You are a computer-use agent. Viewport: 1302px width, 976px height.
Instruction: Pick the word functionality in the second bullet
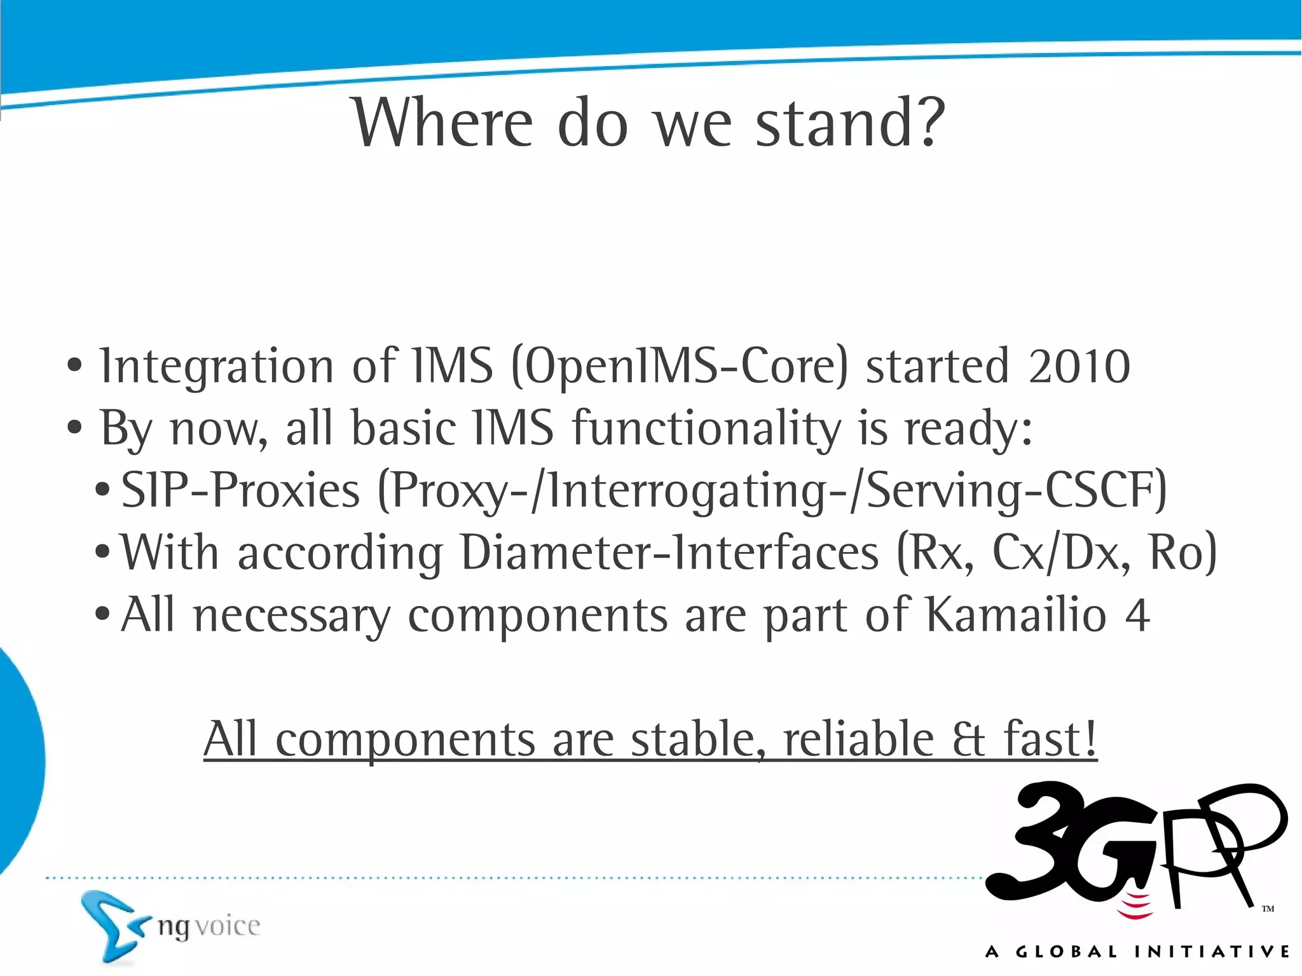[x=706, y=428]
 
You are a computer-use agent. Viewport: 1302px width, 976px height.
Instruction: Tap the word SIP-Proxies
[x=240, y=490]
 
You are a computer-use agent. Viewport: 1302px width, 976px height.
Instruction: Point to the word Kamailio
[x=1017, y=614]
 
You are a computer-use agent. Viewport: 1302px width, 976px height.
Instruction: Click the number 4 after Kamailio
[x=1137, y=615]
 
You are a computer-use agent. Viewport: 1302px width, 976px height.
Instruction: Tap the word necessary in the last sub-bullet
[x=292, y=615]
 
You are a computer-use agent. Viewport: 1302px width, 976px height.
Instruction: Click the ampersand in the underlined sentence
[x=969, y=740]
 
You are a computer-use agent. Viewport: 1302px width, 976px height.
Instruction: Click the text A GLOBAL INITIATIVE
[x=1137, y=952]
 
